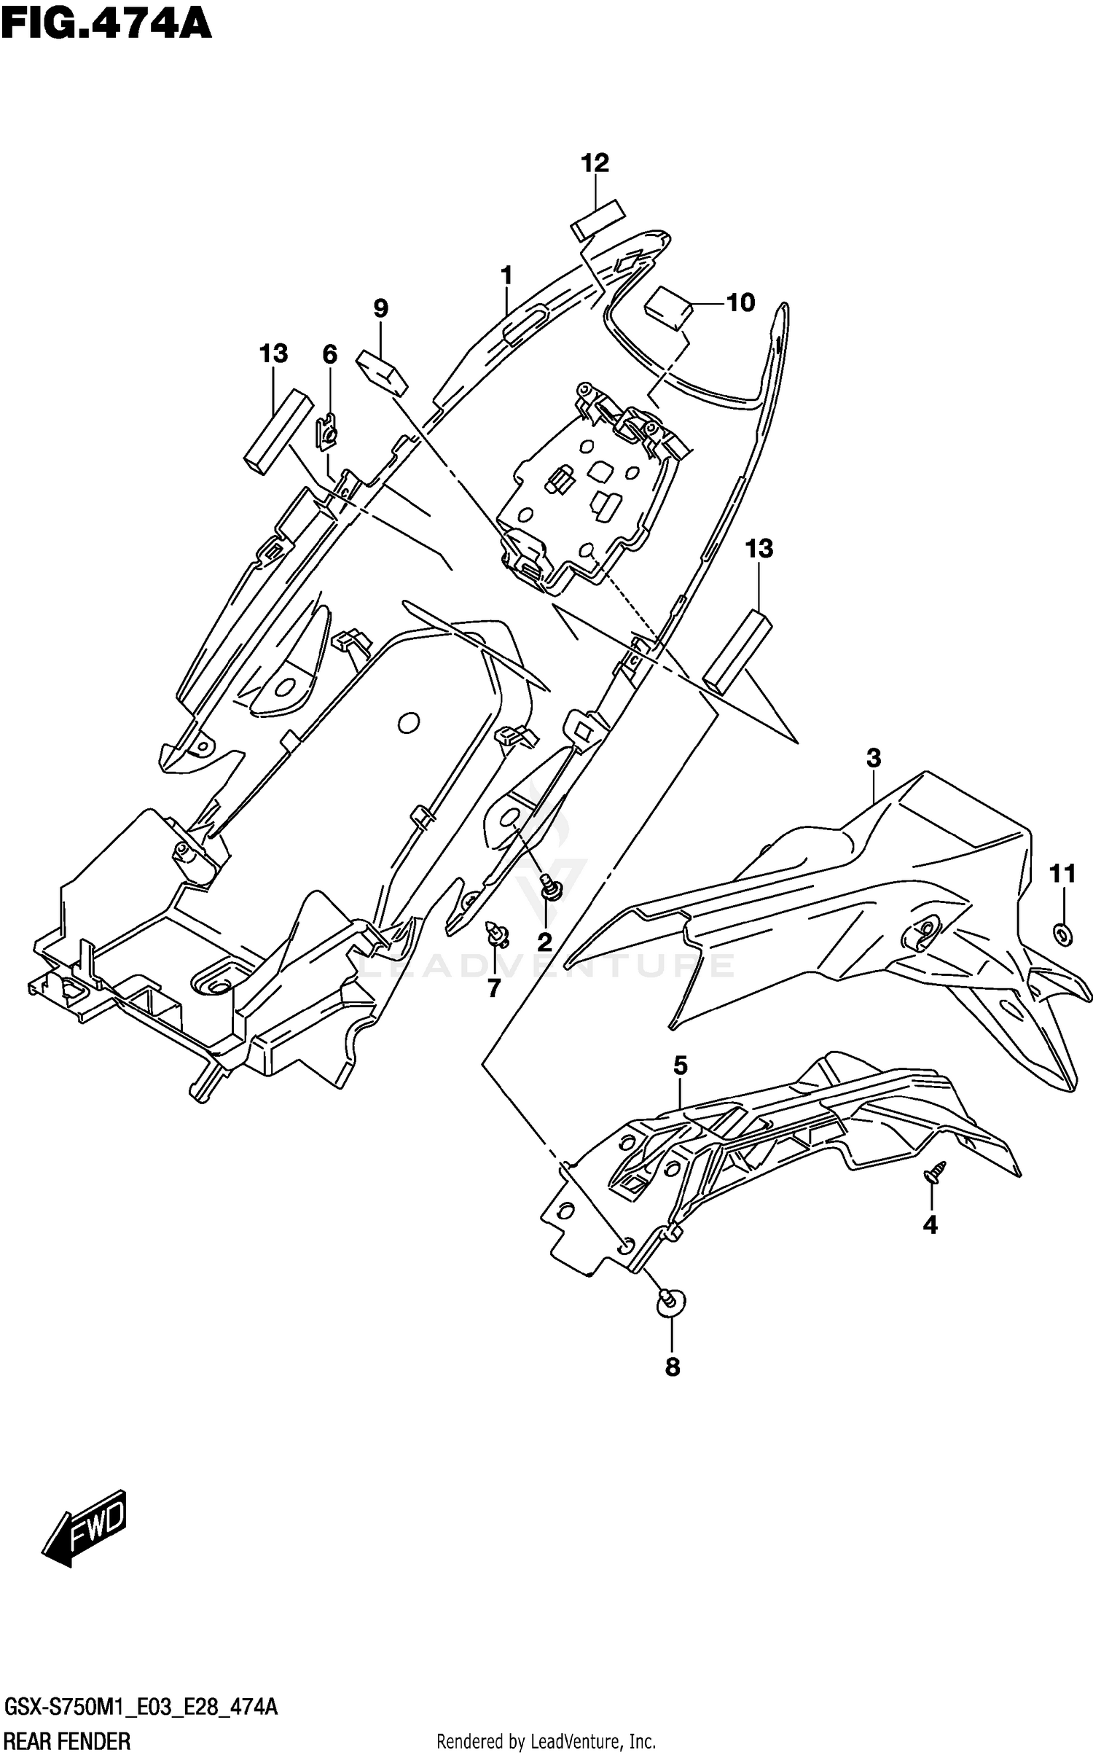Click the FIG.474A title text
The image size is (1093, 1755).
106,23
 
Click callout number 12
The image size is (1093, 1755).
595,163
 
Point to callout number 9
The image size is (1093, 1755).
380,308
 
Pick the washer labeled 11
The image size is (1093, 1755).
1063,934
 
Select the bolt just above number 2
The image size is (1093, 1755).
551,889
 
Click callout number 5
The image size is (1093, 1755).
680,1066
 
